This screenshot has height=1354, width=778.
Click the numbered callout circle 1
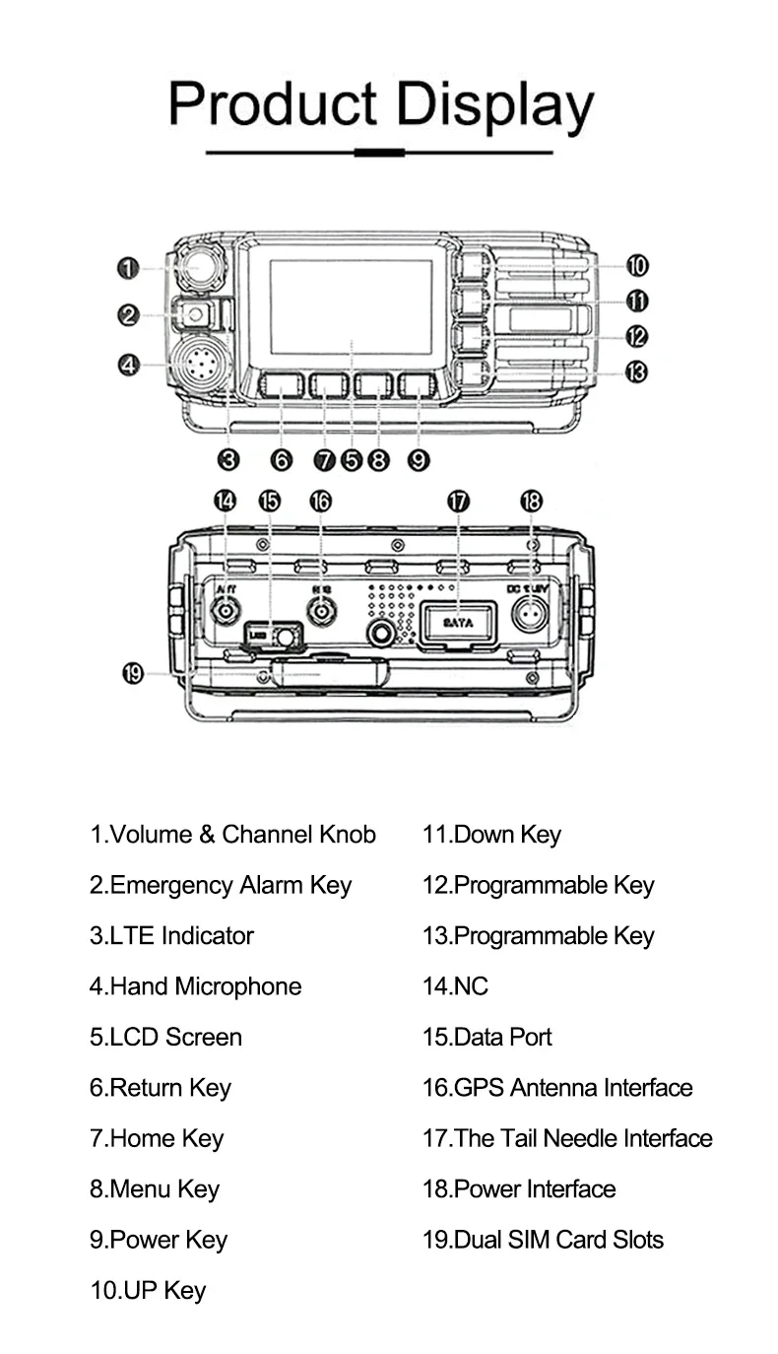[x=127, y=267]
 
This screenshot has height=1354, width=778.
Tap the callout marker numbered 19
[x=132, y=675]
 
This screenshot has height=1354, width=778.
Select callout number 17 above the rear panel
[x=458, y=502]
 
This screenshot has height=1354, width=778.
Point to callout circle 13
[x=637, y=372]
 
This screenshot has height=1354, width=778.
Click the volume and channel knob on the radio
[x=201, y=267]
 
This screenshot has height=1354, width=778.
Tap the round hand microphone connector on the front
[x=199, y=366]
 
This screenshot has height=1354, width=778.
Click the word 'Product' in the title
[x=273, y=103]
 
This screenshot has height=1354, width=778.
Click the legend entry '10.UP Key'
[x=148, y=1291]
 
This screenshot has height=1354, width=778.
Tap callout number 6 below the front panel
[x=282, y=459]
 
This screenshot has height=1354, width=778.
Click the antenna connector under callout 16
[x=321, y=613]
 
